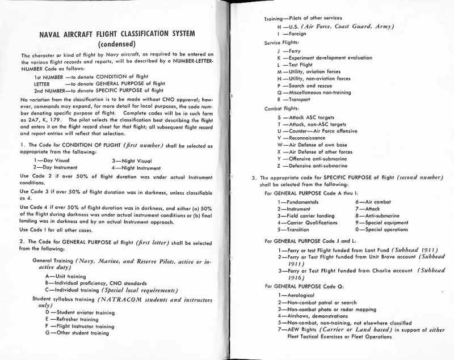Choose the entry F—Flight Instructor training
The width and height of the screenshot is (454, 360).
(x=83, y=326)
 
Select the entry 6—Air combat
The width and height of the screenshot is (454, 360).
(x=374, y=202)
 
